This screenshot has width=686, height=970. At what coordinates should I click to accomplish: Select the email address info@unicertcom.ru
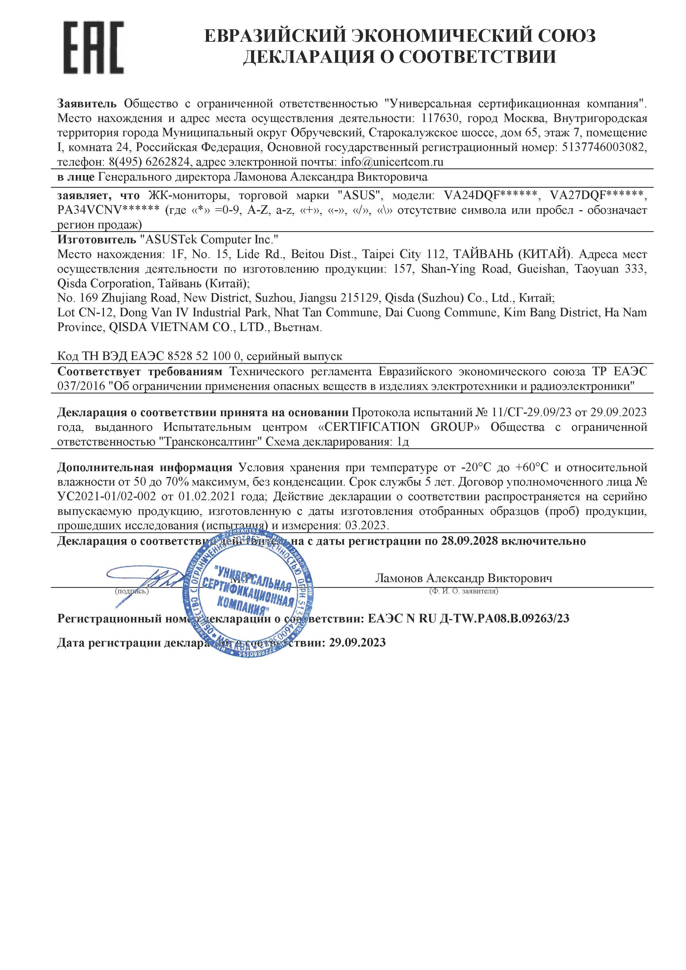392,162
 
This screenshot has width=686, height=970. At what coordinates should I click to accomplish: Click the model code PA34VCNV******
109,210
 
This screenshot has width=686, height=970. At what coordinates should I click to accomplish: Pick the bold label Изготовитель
97,239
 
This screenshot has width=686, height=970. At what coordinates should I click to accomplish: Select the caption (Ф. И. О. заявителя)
463,591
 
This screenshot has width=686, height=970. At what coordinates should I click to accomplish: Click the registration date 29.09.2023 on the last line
357,643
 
